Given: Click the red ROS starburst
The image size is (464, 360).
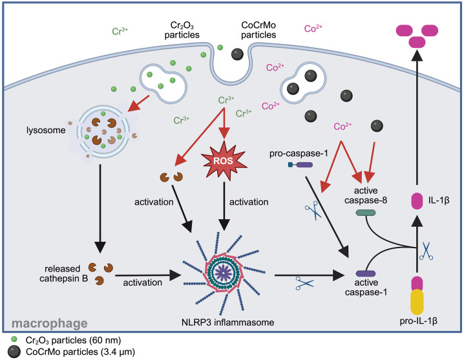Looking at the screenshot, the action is coord(224,160).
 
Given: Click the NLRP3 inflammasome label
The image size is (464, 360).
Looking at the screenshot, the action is coord(228,322).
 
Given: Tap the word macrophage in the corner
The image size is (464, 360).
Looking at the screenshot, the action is coord(49,324).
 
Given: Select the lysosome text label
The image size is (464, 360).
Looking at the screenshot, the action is coord(46,131).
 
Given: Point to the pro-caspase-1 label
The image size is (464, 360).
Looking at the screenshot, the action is coord(299,154).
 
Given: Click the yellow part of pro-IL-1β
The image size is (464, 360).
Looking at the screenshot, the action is coord(417,302).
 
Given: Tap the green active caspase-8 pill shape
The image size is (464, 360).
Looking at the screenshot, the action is coord(366,213).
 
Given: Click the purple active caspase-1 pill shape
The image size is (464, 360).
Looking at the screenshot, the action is coord(366,273).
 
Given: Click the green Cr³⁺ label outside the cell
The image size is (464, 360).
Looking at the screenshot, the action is coord(120,31).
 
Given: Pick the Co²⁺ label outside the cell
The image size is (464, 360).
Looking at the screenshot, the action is coord(313,28).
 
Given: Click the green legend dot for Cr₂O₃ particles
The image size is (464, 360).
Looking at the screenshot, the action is coord(14,339).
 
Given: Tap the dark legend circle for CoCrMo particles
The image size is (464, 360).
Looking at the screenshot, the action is coord(14,352).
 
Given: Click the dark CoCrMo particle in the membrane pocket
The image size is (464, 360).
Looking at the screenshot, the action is coord(237,54).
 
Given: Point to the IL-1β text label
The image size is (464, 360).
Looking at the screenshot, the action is coord(439,200).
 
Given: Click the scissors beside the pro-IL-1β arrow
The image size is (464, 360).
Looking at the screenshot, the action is coord(427,251).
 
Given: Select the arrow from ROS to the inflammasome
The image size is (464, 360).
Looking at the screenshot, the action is coord(224,206).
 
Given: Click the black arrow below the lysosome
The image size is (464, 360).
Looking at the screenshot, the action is coord(100,208).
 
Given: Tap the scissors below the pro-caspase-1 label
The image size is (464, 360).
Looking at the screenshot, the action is coord(313,211).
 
